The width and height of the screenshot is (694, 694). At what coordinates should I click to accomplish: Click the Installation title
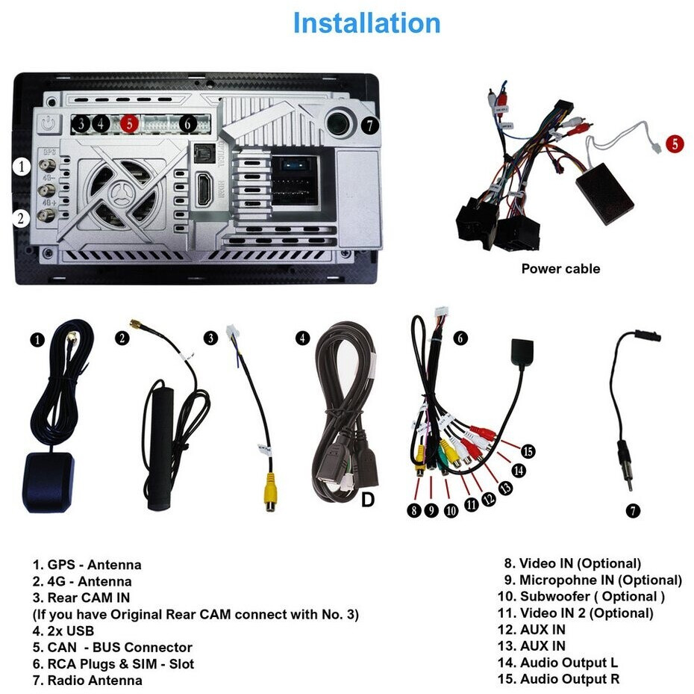tap(367, 23)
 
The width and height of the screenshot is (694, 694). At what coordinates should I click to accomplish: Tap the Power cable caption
tap(560, 268)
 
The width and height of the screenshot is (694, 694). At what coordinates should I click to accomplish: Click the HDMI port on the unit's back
tap(204, 189)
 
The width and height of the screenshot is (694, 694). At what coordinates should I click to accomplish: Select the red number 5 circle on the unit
tap(129, 123)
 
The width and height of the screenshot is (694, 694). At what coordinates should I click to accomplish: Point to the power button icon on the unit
tap(47, 123)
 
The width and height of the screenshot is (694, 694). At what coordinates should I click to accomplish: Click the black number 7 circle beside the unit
tap(370, 126)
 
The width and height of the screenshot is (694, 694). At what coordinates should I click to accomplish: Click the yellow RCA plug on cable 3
tap(270, 491)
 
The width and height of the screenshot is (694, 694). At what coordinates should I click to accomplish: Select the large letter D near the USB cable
tap(368, 500)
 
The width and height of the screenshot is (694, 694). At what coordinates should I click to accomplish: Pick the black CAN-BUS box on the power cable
tap(605, 193)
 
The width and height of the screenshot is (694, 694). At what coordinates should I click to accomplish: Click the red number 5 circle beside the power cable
tap(675, 143)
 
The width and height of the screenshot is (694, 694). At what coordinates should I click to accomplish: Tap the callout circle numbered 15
tap(528, 452)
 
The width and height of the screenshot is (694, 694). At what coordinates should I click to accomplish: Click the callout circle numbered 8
tap(414, 510)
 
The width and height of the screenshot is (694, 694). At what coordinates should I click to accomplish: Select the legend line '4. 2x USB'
tap(63, 631)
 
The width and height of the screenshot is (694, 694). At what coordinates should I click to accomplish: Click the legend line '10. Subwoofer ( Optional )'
tap(581, 596)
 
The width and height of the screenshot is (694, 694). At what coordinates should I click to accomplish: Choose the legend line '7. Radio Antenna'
tap(87, 681)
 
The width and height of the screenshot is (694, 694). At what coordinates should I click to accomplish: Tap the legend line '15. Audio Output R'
tap(558, 679)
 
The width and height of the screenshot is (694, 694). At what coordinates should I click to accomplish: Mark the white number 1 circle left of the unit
tap(21, 167)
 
